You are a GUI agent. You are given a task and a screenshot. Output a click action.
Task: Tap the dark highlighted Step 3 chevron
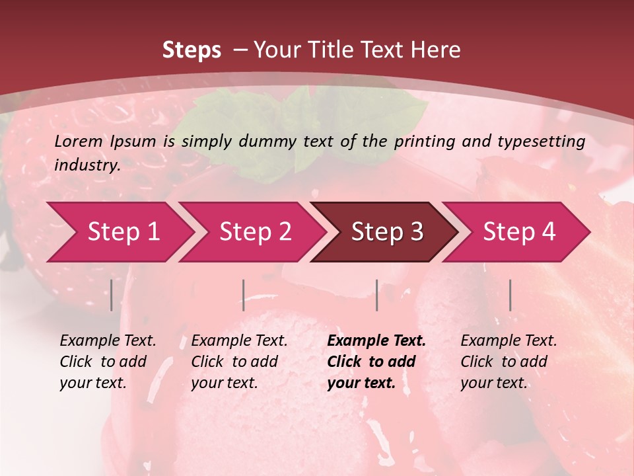[386, 232]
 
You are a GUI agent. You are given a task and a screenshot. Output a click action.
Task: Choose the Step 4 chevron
[518, 232]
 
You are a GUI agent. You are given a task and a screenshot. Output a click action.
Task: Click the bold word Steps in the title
[192, 50]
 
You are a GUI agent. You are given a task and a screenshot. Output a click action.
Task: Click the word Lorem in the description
[78, 141]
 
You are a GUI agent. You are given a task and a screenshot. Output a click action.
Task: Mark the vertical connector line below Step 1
[112, 295]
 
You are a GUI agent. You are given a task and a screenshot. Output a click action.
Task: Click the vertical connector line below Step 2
[244, 295]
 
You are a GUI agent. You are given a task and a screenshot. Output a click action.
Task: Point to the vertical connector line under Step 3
[377, 295]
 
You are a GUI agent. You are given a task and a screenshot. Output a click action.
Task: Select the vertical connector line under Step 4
[511, 295]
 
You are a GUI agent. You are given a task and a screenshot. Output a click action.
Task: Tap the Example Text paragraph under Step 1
[108, 362]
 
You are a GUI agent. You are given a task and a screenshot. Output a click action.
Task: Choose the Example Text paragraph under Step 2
[239, 362]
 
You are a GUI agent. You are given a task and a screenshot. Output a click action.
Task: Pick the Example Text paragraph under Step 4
[509, 362]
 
